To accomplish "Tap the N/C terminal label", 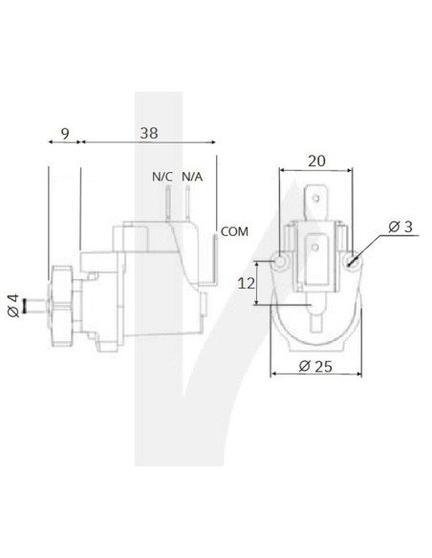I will (162, 177).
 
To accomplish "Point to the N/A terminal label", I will (191, 177).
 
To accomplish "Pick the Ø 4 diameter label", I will (11, 308).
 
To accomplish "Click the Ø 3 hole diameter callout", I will (400, 227).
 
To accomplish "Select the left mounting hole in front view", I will (280, 261).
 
